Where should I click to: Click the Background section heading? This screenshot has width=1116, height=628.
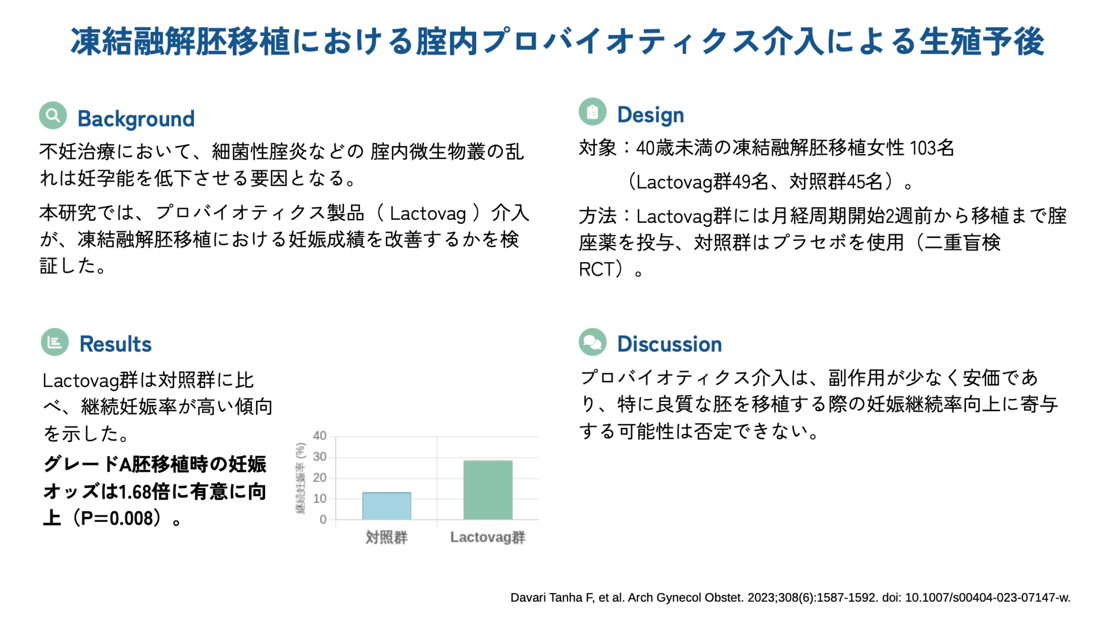pyautogui.click(x=136, y=119)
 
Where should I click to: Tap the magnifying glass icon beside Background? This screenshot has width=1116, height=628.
pyautogui.click(x=53, y=116)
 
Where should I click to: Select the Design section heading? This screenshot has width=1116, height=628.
pyautogui.click(x=650, y=116)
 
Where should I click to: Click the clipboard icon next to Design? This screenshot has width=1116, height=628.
pyautogui.click(x=592, y=112)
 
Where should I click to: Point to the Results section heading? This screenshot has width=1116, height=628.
pyautogui.click(x=116, y=344)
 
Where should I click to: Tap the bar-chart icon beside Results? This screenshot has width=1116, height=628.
pyautogui.click(x=55, y=342)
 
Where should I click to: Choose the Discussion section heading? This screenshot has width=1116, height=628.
pyautogui.click(x=670, y=344)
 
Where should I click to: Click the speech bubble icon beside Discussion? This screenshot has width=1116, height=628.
pyautogui.click(x=592, y=342)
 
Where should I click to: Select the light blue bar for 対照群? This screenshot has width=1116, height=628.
pyautogui.click(x=387, y=506)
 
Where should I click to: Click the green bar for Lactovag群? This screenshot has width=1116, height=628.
pyautogui.click(x=488, y=490)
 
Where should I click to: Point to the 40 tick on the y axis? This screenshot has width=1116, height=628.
pyautogui.click(x=320, y=436)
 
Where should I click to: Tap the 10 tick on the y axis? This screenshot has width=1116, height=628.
pyautogui.click(x=320, y=498)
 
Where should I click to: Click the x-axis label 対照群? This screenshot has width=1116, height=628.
pyautogui.click(x=387, y=537)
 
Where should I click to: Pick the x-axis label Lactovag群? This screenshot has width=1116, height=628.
pyautogui.click(x=488, y=537)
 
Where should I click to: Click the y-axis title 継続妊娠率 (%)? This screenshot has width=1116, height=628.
pyautogui.click(x=301, y=478)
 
